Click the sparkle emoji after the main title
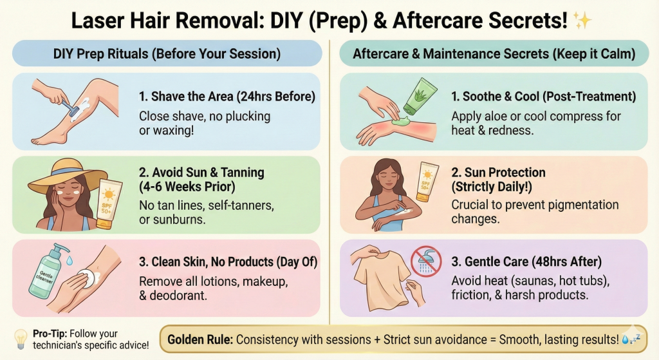(x=582, y=21)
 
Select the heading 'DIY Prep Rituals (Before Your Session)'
(x=167, y=53)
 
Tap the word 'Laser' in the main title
(x=98, y=21)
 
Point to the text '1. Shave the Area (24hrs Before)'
(x=227, y=97)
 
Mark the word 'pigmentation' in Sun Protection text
(x=584, y=205)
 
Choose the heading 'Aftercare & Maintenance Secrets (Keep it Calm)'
(x=494, y=53)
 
